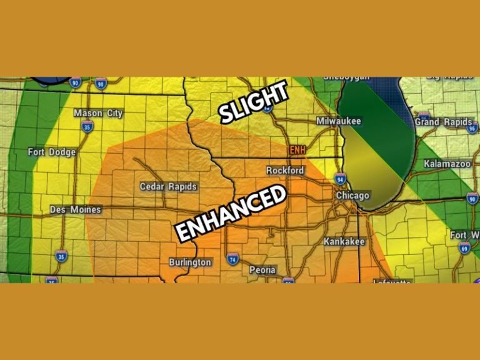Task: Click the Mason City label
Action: (x=98, y=113)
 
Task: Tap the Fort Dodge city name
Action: (x=52, y=152)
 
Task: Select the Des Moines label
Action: (x=75, y=209)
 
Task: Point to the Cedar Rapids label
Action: (x=168, y=186)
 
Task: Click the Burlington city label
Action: (x=190, y=262)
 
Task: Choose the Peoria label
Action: (x=262, y=270)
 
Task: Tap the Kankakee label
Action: (x=344, y=241)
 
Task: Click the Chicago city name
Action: (x=354, y=196)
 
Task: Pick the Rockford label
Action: (x=285, y=170)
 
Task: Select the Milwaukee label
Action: (x=339, y=121)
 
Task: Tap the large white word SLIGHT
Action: (x=253, y=102)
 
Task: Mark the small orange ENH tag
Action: (x=296, y=151)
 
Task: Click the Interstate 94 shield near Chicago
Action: (x=340, y=180)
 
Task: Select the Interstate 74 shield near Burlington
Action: (x=232, y=259)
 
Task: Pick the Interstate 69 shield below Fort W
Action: (x=464, y=248)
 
